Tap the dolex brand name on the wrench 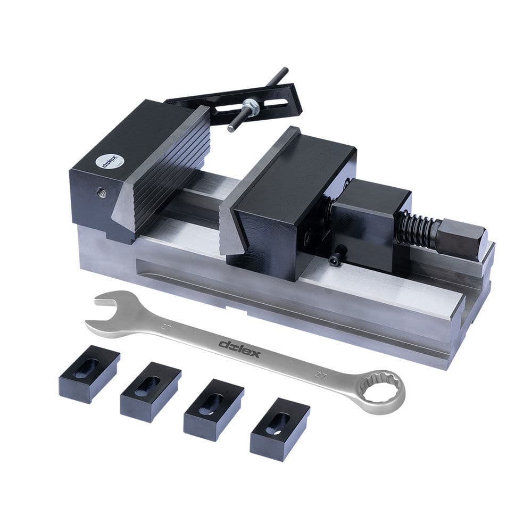[239, 348]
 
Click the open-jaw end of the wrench [106, 311]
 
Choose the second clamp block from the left [151, 391]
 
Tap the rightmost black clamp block [279, 428]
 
